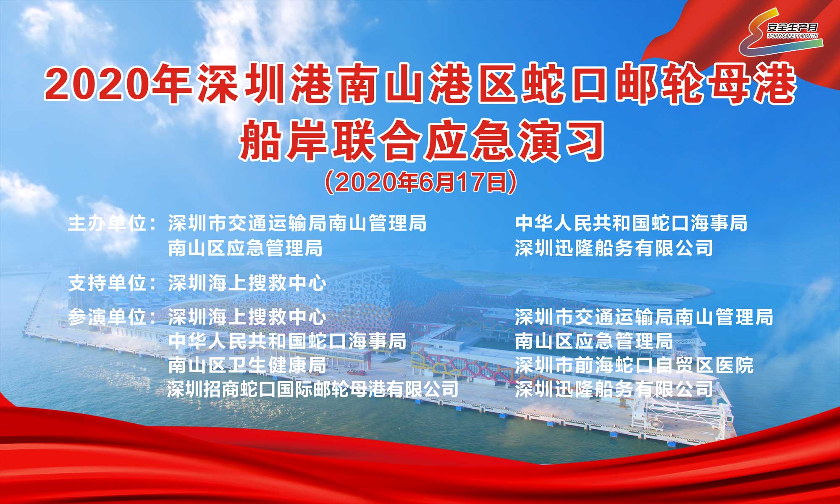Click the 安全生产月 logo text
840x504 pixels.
792,27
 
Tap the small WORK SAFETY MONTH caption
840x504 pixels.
792,36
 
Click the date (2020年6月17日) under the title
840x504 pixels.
421,182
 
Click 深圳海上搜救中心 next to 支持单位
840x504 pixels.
247,283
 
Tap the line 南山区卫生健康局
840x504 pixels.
247,365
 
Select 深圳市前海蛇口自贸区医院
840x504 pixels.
634,365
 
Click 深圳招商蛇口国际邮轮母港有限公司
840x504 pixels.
313,389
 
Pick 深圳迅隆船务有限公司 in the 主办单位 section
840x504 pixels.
614,248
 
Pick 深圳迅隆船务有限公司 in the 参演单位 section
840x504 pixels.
614,389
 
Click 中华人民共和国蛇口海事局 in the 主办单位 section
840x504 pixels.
631,223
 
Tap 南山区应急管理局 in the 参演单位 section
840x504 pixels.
594,341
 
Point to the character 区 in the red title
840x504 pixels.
497,84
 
